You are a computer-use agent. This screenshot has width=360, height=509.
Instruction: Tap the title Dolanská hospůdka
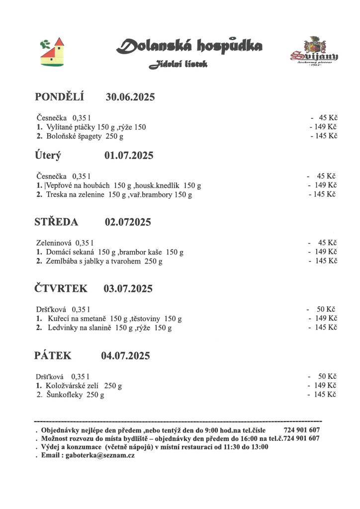tap(189, 47)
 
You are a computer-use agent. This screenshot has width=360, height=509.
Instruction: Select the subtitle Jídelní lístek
tap(178, 65)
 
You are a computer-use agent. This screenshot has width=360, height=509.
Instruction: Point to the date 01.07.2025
tap(129, 156)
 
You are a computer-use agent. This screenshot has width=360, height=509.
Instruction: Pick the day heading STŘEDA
tap(56, 222)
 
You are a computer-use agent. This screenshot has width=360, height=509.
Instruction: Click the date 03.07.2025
tap(128, 288)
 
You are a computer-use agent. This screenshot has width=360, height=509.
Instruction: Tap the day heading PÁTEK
tap(53, 355)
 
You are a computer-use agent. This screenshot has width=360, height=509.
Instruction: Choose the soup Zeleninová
tap(54, 243)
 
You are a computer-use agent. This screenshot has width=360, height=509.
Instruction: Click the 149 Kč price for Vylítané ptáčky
tap(325, 127)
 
